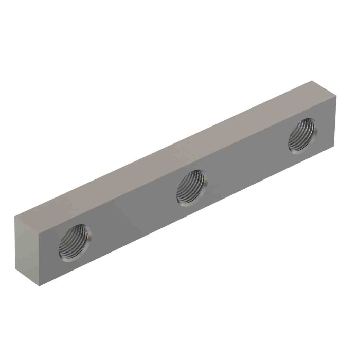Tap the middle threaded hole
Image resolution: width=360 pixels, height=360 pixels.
click(x=191, y=188)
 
